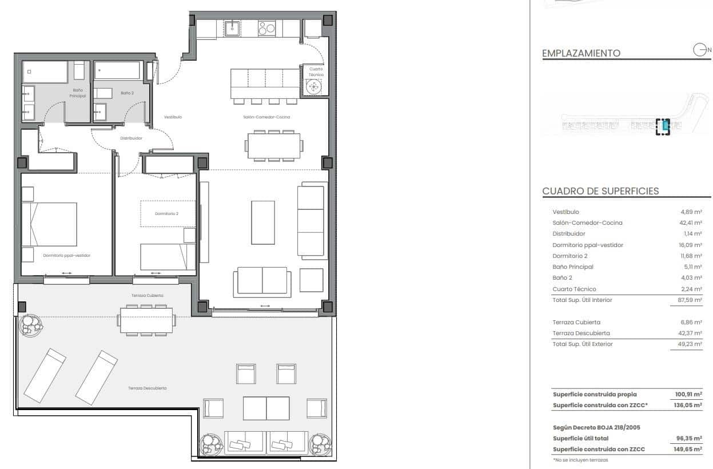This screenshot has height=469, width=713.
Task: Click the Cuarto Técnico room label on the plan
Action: pyautogui.click(x=316, y=71)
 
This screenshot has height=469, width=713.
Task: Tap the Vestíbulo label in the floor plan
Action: pyautogui.click(x=173, y=117)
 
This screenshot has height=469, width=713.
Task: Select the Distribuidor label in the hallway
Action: pyautogui.click(x=131, y=138)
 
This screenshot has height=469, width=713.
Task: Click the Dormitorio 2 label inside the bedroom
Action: pyautogui.click(x=166, y=214)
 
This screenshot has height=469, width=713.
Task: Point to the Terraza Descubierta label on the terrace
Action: pyautogui.click(x=148, y=388)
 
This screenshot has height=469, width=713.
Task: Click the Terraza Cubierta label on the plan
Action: pyautogui.click(x=148, y=296)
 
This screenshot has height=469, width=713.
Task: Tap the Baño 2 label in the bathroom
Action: pyautogui.click(x=127, y=92)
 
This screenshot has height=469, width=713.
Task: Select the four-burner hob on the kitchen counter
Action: pyautogui.click(x=266, y=28)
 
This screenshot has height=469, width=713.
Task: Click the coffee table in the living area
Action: pyautogui.click(x=263, y=222)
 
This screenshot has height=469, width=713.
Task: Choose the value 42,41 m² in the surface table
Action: pyautogui.click(x=691, y=223)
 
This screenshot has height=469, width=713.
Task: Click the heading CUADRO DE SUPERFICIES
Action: pyautogui.click(x=600, y=192)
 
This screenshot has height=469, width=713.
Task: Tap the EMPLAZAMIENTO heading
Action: pyautogui.click(x=581, y=53)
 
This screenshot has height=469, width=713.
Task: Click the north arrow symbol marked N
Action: pyautogui.click(x=701, y=50)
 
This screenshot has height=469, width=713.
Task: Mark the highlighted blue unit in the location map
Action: pyautogui.click(x=665, y=125)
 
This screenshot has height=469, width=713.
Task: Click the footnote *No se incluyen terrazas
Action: pyautogui.click(x=580, y=460)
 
